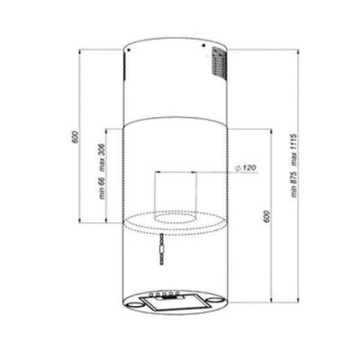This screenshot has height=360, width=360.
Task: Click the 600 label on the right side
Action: (267, 216)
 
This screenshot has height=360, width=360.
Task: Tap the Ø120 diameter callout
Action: (246, 168)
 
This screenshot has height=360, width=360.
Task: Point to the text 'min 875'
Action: (294, 184)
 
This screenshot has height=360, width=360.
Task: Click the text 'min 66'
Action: (102, 188)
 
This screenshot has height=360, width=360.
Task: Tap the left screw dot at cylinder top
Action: (128, 49)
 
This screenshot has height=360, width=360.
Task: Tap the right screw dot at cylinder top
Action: (203, 46)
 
